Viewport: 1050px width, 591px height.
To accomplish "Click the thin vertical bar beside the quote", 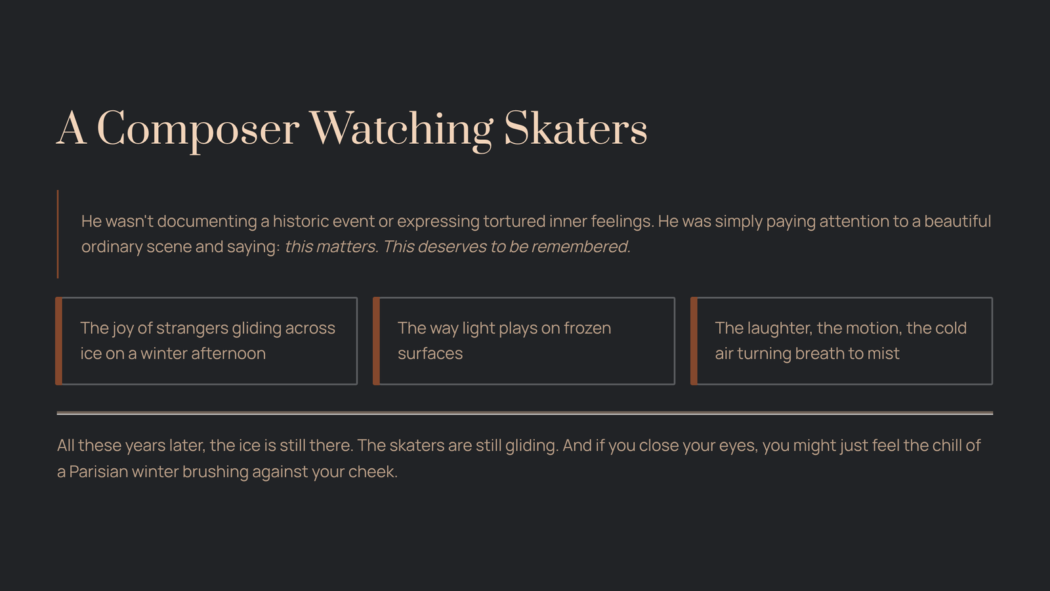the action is (58, 234).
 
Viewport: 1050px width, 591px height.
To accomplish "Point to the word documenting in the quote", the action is (207, 221).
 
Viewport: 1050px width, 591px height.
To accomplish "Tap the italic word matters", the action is (347, 247).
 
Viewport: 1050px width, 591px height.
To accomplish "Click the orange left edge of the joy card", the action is (58, 341).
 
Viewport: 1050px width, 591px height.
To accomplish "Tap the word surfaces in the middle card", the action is (430, 354).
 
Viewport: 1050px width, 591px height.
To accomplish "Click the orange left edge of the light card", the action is (376, 341).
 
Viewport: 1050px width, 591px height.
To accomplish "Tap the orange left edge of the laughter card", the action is (694, 341).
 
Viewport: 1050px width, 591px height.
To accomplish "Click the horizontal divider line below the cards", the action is (525, 413).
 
